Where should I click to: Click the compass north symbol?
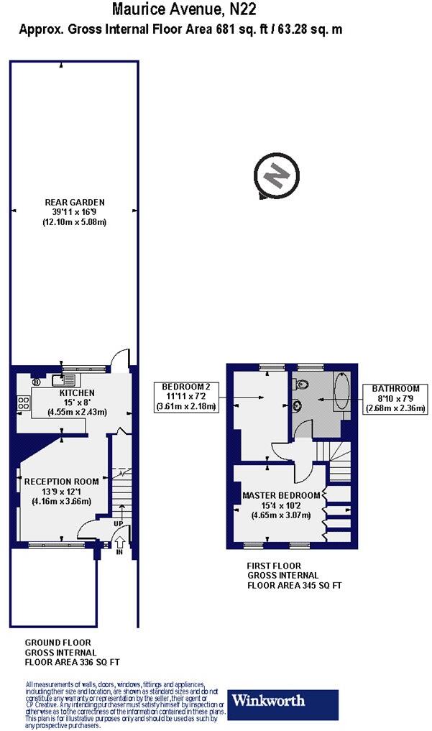[276, 175]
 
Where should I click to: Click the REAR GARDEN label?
[74, 203]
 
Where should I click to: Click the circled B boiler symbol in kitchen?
[35, 382]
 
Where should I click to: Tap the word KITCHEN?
[76, 393]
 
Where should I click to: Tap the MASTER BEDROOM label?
[280, 496]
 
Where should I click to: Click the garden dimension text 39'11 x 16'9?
[74, 213]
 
